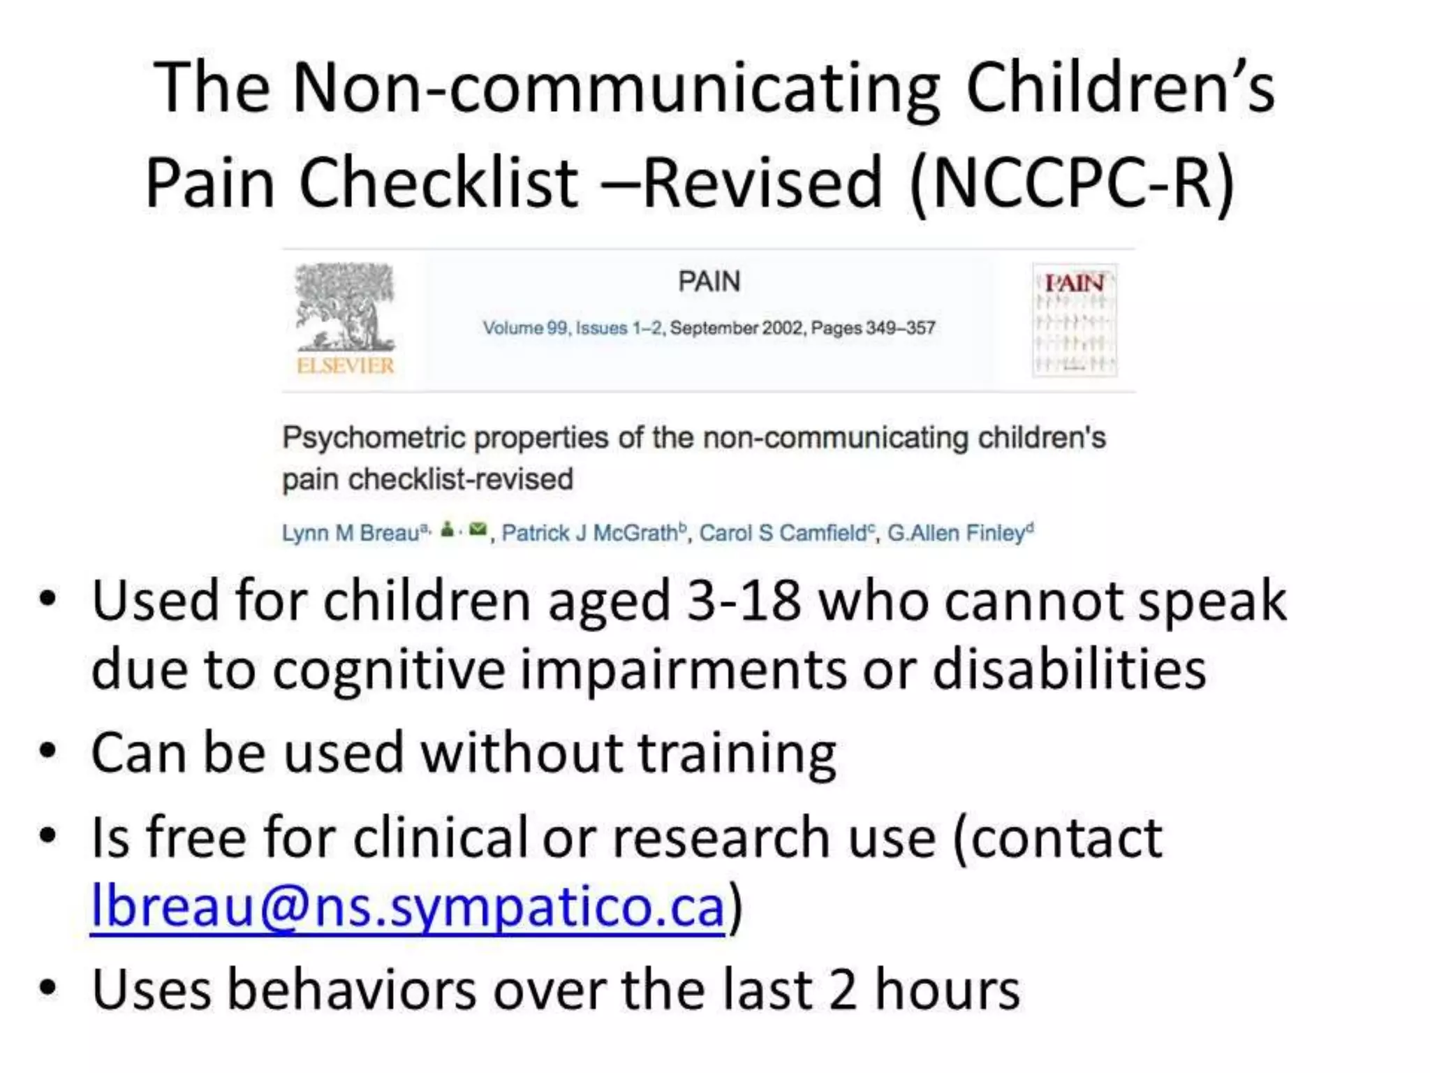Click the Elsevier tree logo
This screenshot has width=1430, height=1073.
pyautogui.click(x=345, y=307)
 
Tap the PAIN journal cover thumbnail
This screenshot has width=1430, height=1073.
pyautogui.click(x=1075, y=320)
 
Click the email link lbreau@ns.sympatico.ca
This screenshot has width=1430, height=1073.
pyautogui.click(x=408, y=906)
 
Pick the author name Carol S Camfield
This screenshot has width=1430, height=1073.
pyautogui.click(x=782, y=534)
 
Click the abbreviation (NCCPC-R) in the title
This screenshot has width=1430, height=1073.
pyautogui.click(x=1072, y=183)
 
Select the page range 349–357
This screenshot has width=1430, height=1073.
pyautogui.click(x=900, y=328)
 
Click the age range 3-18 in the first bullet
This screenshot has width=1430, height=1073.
pyautogui.click(x=743, y=601)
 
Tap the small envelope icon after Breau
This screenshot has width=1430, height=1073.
pyautogui.click(x=478, y=530)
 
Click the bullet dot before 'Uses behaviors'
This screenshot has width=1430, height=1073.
pyautogui.click(x=47, y=988)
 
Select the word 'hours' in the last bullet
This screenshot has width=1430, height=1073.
pyautogui.click(x=948, y=991)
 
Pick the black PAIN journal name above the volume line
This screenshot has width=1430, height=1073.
pyautogui.click(x=709, y=282)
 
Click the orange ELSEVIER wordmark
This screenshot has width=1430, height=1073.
pyautogui.click(x=345, y=365)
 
